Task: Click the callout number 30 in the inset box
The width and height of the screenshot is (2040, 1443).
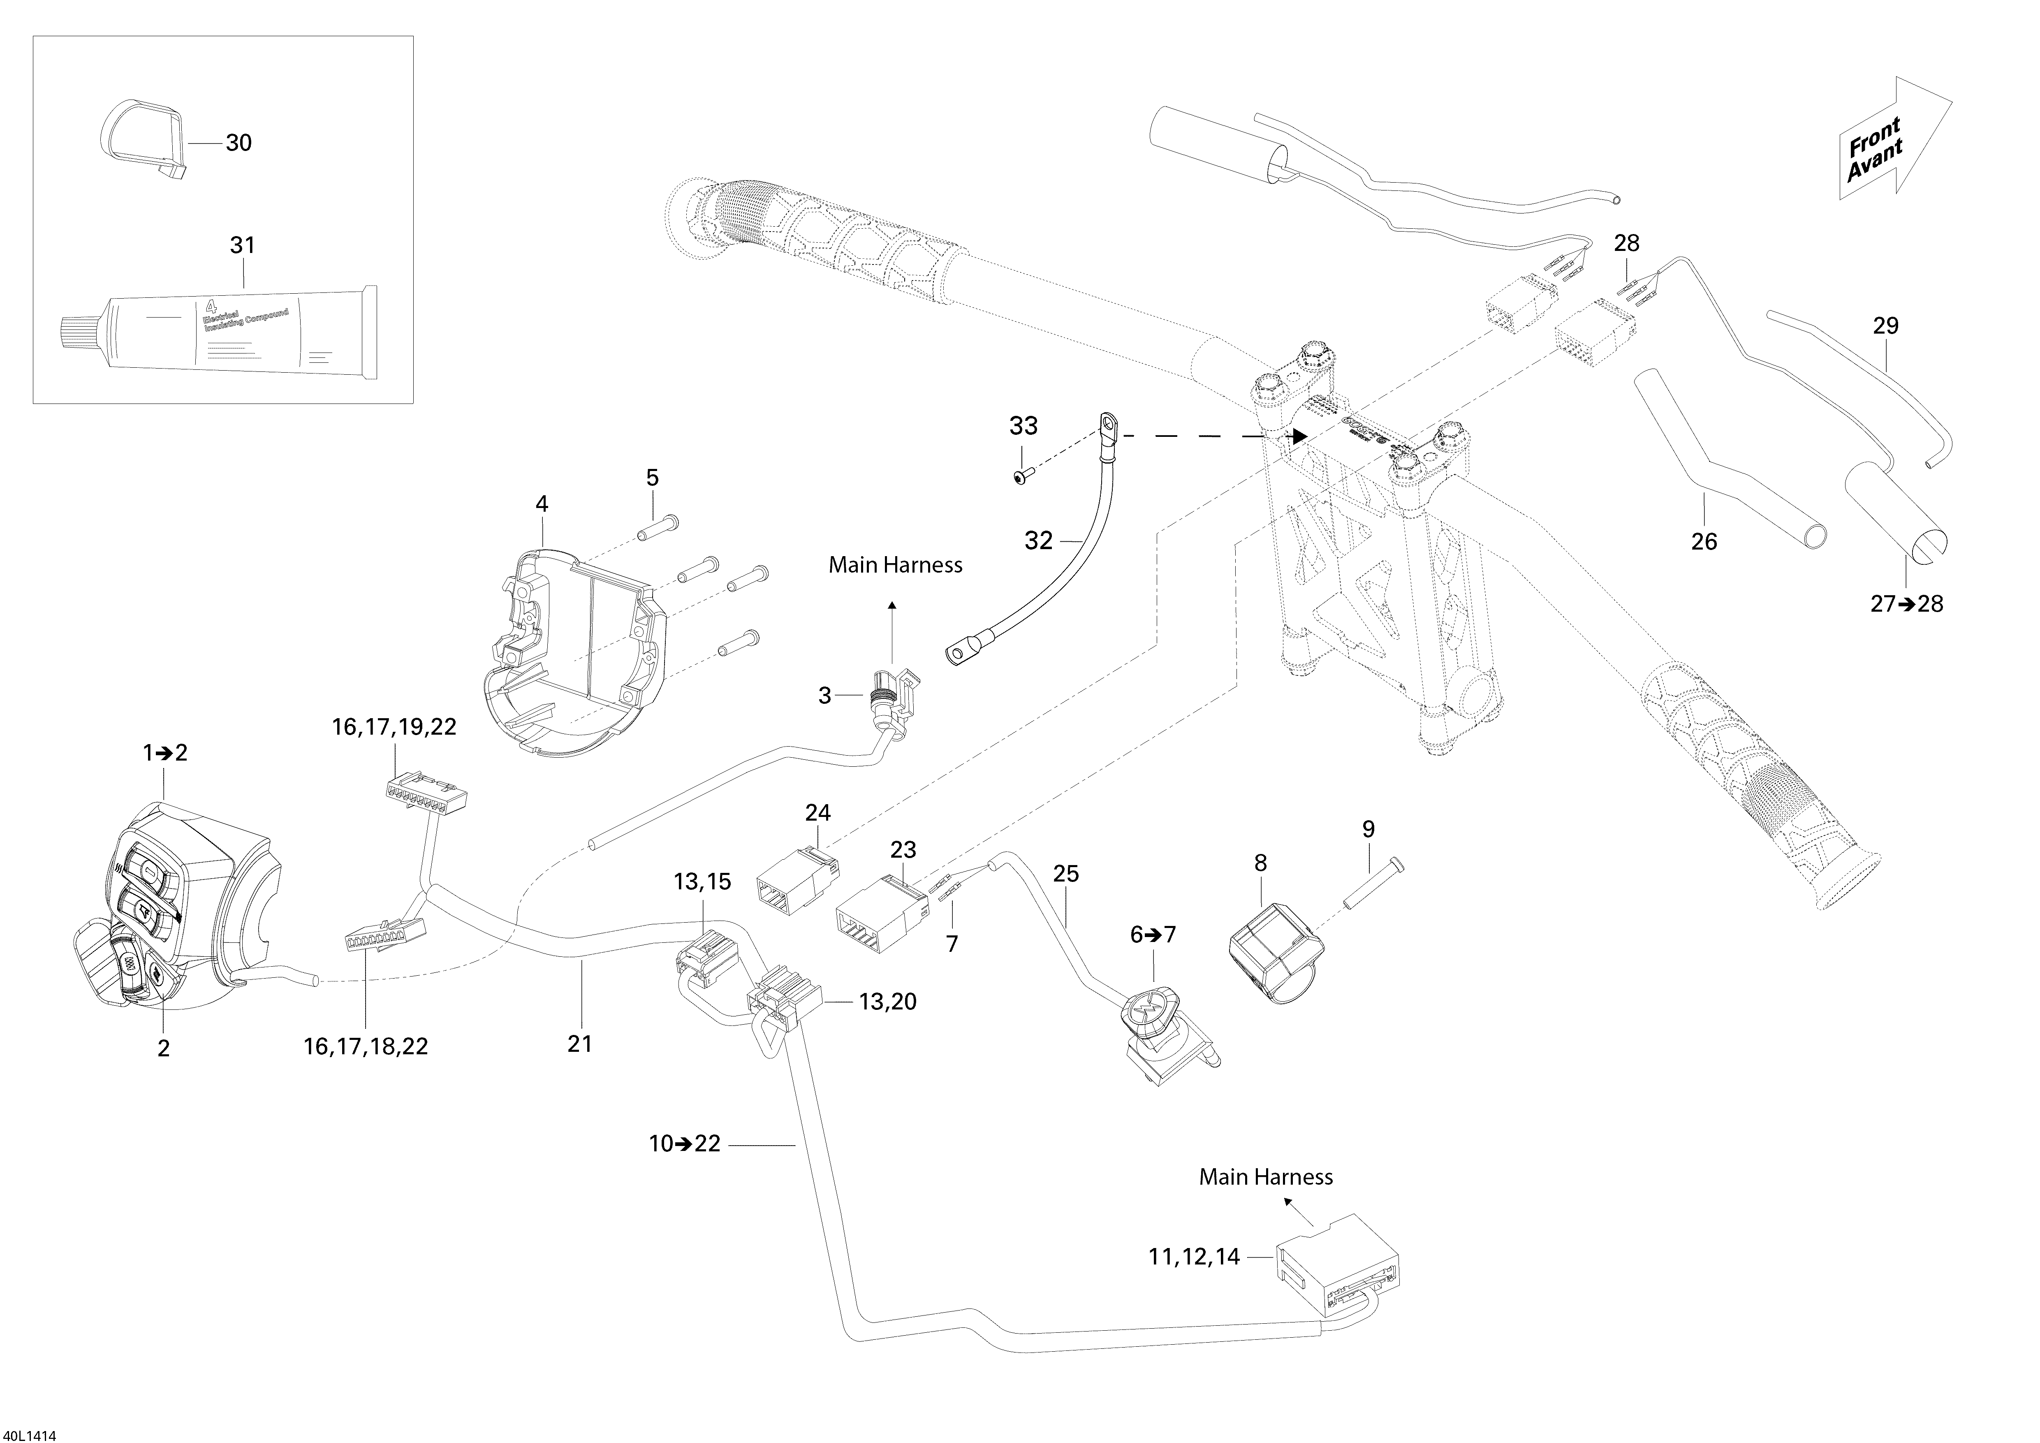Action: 238,142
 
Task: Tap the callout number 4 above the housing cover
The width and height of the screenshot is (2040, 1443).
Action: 541,504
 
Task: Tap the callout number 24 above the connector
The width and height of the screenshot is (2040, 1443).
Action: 817,812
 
